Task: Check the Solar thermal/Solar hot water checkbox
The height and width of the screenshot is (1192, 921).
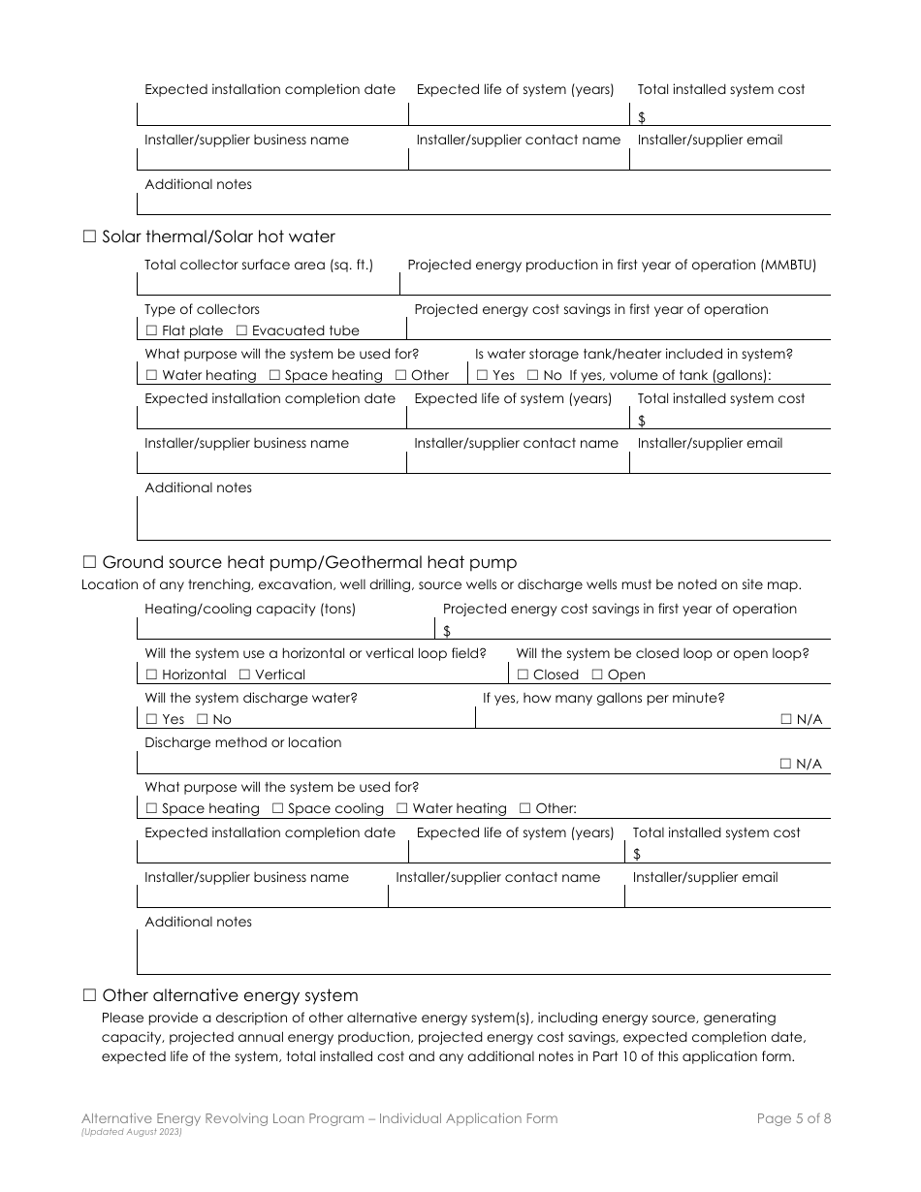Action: (89, 236)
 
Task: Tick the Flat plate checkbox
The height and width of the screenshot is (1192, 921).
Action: (151, 331)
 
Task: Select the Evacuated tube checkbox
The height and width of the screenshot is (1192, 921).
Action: (241, 331)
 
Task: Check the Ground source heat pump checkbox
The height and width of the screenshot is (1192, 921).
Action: (89, 562)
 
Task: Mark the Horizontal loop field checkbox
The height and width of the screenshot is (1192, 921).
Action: (151, 675)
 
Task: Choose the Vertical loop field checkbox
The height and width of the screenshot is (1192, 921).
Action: (244, 675)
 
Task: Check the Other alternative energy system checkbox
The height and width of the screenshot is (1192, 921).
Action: (89, 995)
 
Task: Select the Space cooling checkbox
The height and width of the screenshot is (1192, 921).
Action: (277, 809)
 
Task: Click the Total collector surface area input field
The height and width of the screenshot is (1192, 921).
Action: (268, 285)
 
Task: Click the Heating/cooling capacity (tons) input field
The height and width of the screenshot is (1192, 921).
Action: (286, 630)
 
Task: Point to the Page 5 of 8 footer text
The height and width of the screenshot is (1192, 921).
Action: (793, 1118)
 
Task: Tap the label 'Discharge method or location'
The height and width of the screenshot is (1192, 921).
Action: (242, 743)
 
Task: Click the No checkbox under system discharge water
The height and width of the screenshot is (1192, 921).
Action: (202, 720)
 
